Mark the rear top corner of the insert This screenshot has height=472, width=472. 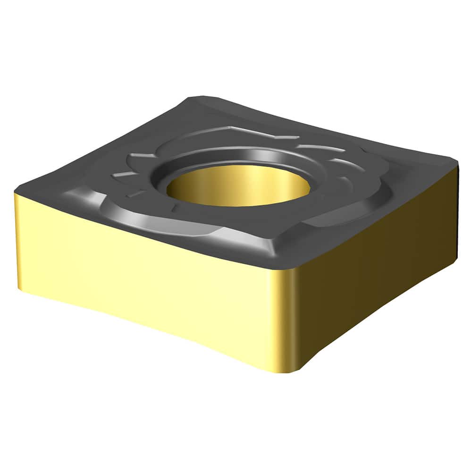point(194,98)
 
